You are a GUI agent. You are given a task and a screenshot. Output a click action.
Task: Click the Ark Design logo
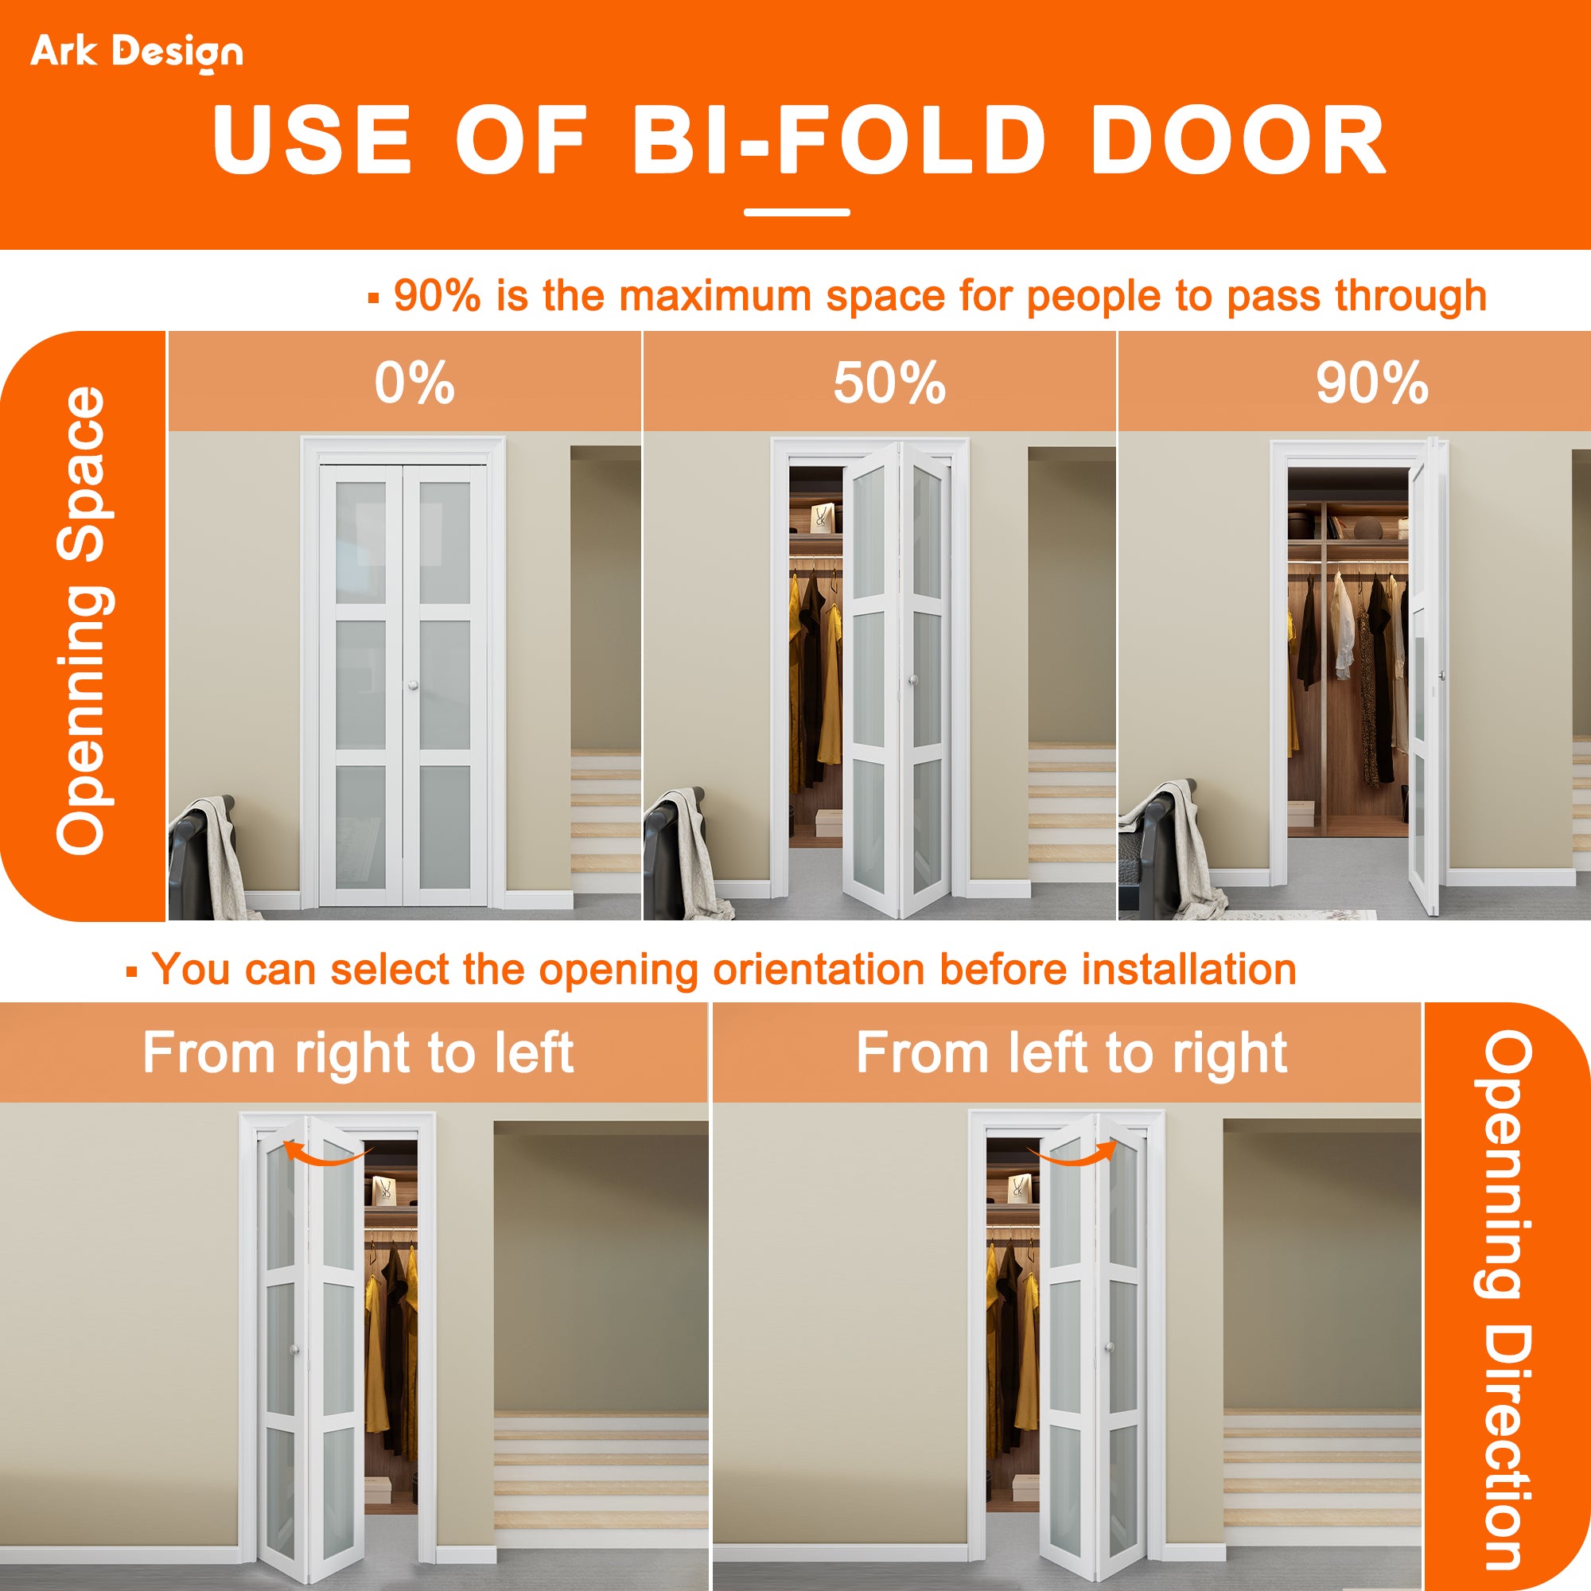pyautogui.click(x=137, y=52)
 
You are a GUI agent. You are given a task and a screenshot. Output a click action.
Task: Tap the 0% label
pyautogui.click(x=414, y=383)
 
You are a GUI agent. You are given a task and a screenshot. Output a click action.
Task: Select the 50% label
pyautogui.click(x=889, y=383)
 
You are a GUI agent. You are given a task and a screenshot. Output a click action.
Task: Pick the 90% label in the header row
pyautogui.click(x=1372, y=383)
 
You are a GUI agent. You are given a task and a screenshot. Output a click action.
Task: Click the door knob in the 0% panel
pyautogui.click(x=413, y=685)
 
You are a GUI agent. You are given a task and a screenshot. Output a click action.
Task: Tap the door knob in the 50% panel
pyautogui.click(x=913, y=680)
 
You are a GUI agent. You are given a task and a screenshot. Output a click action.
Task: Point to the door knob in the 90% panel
pyautogui.click(x=1442, y=675)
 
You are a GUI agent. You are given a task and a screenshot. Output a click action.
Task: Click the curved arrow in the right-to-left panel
pyautogui.click(x=325, y=1153)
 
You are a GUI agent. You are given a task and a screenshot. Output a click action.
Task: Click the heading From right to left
pyautogui.click(x=357, y=1053)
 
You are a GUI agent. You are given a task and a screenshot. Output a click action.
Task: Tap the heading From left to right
pyautogui.click(x=1071, y=1053)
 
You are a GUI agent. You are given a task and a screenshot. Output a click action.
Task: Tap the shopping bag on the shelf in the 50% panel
pyautogui.click(x=822, y=517)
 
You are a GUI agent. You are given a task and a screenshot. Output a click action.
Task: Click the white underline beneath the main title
pyautogui.click(x=796, y=212)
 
